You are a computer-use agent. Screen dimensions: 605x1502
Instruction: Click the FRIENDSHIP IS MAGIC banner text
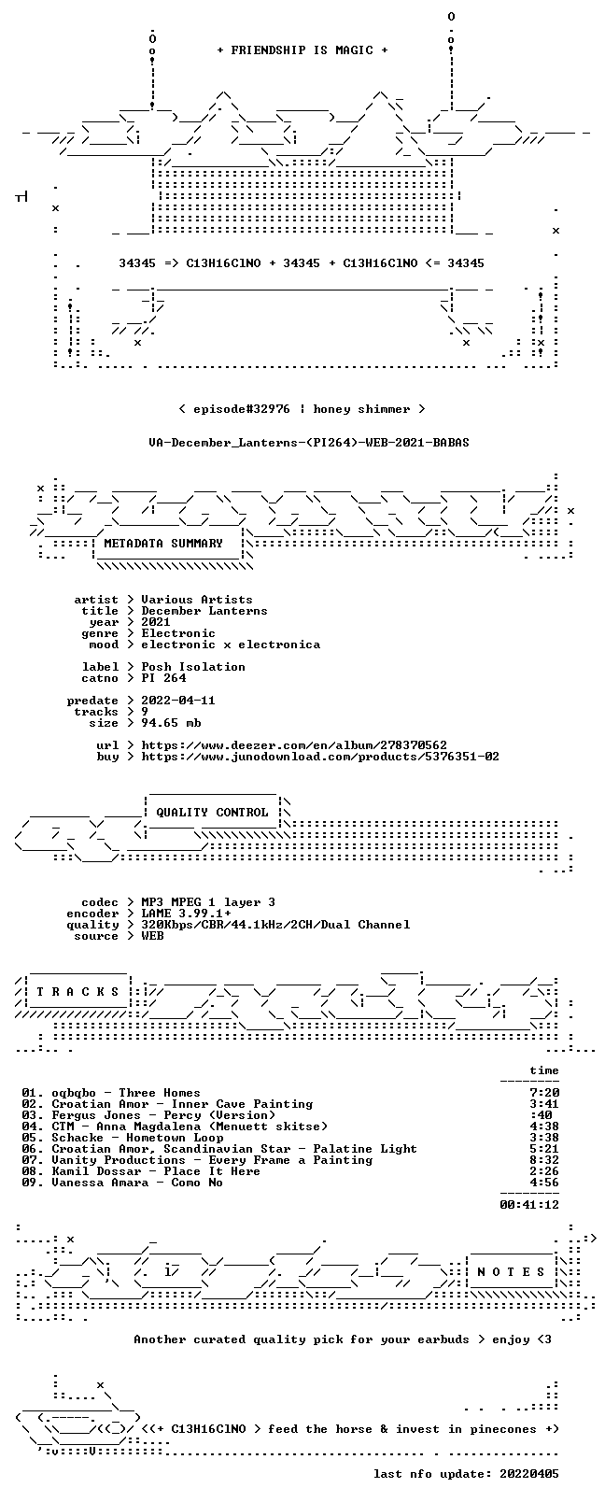302,50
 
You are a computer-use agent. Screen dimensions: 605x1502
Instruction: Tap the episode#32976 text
241,409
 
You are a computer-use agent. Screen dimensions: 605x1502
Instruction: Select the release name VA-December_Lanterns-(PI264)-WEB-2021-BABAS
309,443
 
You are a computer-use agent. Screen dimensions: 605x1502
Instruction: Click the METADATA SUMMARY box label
162,543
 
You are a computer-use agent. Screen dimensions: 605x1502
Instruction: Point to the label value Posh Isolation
193,667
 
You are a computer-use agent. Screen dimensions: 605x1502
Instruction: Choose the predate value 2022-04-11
178,700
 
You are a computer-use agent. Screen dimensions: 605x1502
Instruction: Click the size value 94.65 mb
171,723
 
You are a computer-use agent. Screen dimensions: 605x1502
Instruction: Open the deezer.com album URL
294,745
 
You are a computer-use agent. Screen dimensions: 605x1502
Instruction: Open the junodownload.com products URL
320,757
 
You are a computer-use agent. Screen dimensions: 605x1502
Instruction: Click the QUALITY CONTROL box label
212,813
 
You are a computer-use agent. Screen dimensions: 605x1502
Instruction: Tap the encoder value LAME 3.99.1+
186,914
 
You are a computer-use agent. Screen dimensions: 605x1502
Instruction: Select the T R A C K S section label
77,992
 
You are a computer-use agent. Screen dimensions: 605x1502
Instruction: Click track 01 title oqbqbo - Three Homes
126,1092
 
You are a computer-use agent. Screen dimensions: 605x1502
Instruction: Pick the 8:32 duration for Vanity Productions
544,1159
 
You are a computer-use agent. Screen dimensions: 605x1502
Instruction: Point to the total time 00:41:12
529,1204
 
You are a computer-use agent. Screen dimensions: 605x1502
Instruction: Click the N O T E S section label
512,1271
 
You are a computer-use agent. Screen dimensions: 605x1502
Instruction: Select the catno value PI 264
163,678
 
